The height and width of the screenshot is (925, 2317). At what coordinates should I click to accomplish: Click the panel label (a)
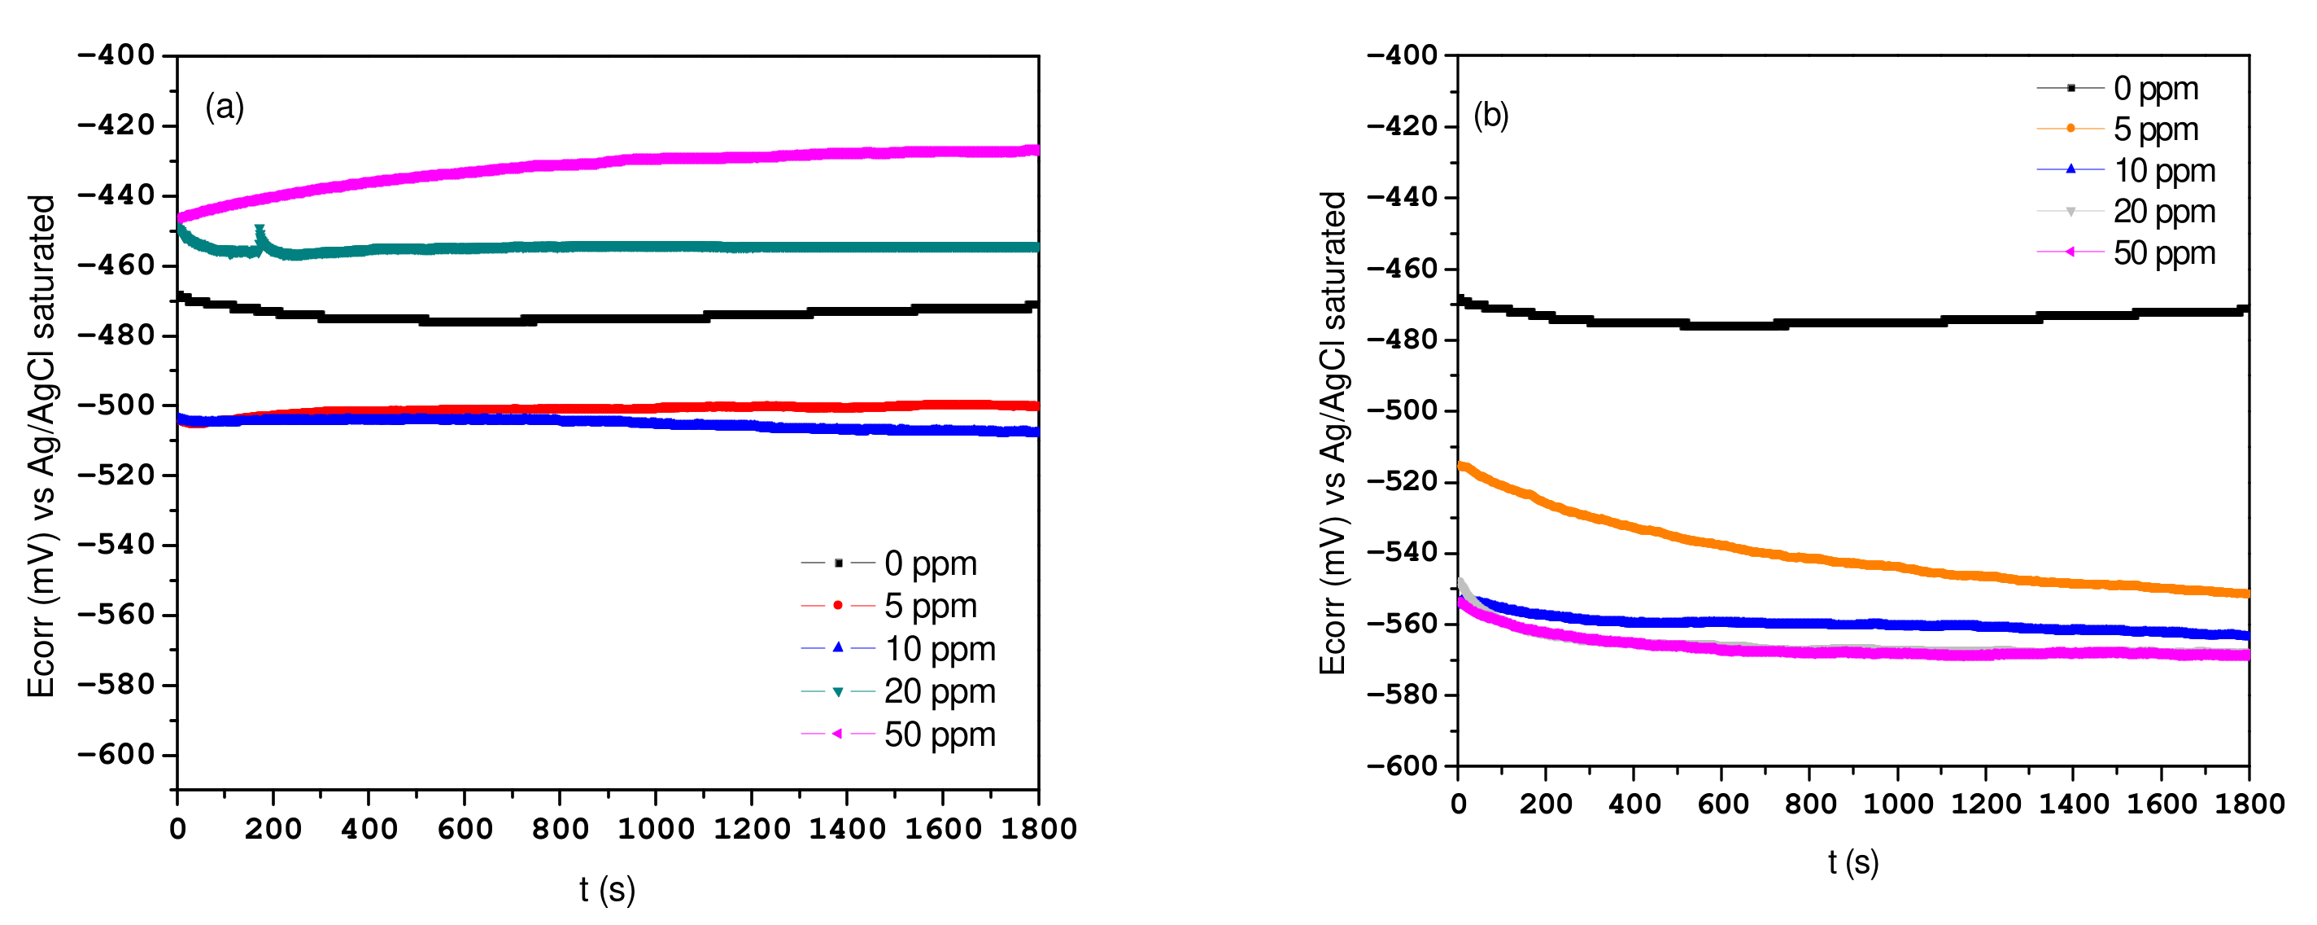tap(224, 107)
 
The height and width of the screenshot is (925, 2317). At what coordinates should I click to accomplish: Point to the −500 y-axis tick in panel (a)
tap(116, 405)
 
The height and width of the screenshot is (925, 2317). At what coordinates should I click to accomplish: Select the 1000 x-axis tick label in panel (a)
tap(656, 829)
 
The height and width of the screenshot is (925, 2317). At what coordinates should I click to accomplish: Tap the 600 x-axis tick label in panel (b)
tap(1721, 804)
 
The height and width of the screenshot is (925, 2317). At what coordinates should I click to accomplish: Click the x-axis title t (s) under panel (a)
tap(607, 890)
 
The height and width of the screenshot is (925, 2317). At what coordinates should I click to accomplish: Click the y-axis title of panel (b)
tap(1332, 432)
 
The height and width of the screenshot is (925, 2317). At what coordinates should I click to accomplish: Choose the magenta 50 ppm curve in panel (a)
tap(630, 160)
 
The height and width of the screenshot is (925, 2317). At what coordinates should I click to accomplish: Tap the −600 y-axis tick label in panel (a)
tap(116, 754)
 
